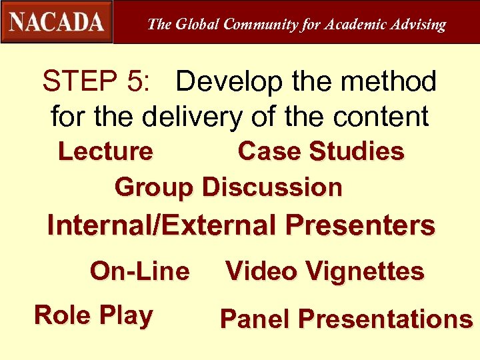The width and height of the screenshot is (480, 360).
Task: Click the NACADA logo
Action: pyautogui.click(x=57, y=22)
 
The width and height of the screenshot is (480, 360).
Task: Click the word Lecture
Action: pyautogui.click(x=105, y=151)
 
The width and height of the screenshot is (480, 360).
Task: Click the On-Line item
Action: pyautogui.click(x=139, y=271)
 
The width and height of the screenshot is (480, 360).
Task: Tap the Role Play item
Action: pyautogui.click(x=93, y=315)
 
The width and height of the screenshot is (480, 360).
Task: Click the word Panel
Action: pyautogui.click(x=255, y=319)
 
